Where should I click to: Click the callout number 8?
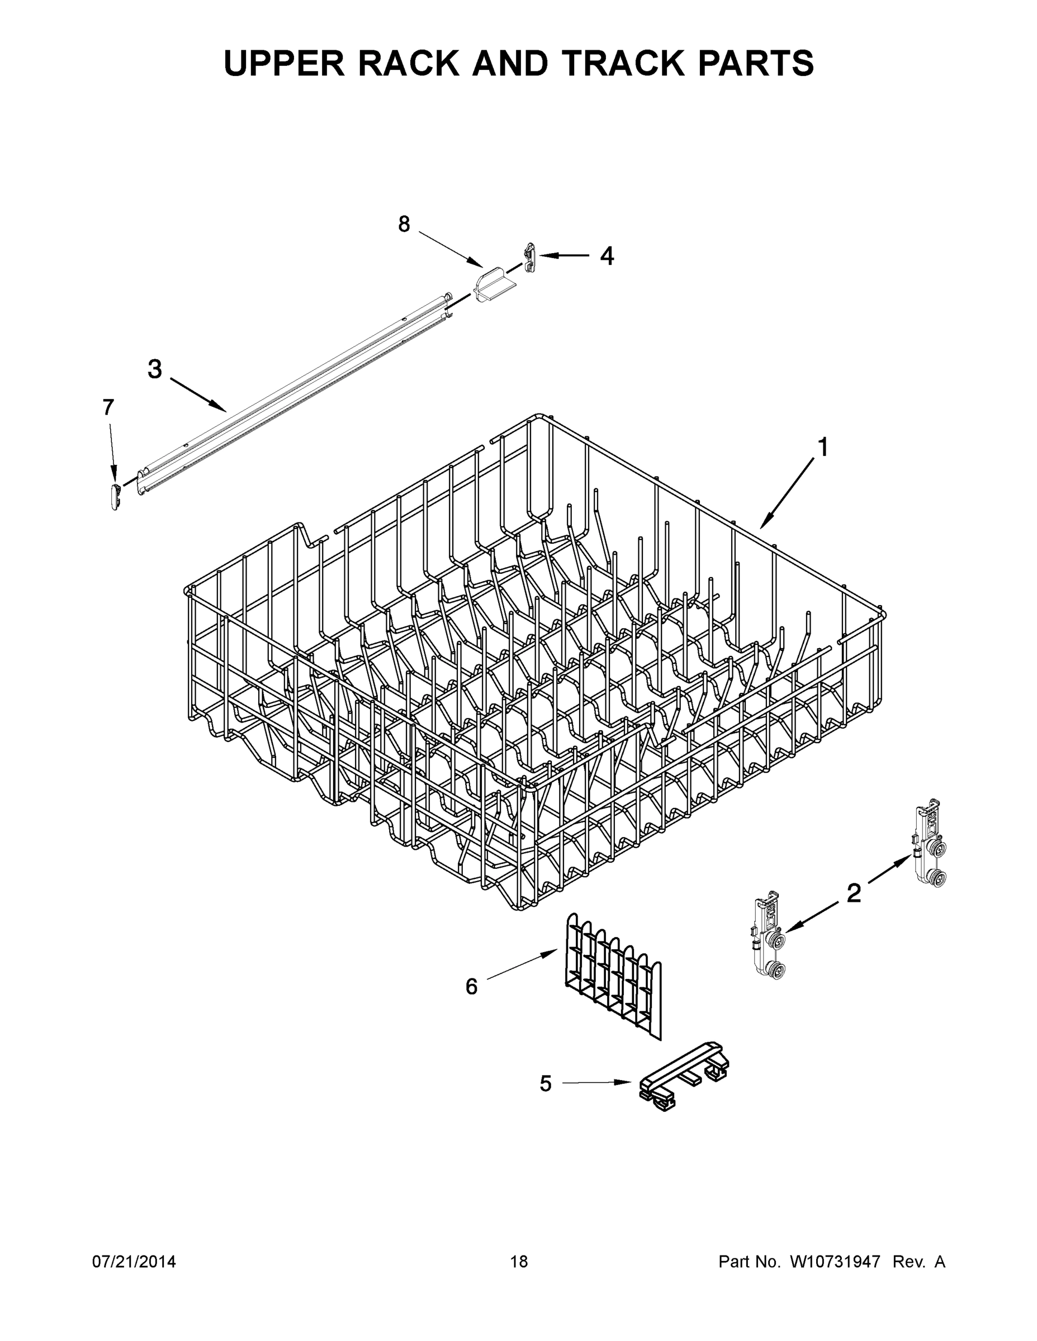click(x=404, y=225)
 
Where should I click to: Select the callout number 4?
click(x=607, y=256)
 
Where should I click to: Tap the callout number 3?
click(x=155, y=369)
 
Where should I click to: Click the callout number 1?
click(x=822, y=448)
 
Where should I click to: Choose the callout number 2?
click(x=853, y=893)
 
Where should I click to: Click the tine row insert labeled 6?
click(x=613, y=976)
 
